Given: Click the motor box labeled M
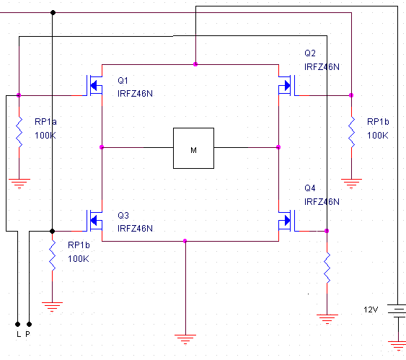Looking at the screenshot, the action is point(193,148).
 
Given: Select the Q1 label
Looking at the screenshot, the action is point(123,81).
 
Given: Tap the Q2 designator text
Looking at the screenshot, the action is point(310,53).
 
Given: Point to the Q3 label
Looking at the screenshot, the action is point(123,215).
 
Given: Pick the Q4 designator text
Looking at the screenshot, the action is point(310,188).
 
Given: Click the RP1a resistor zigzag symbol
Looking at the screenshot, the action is point(19,132).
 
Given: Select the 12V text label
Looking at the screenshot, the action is point(371,309).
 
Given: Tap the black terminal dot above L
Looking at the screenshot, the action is point(17,324).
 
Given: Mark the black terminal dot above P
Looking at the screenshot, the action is point(30,324).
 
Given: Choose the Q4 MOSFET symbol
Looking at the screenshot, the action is point(287,221).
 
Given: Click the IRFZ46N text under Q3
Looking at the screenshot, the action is point(135,229).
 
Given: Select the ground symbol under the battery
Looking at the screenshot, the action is point(397,346).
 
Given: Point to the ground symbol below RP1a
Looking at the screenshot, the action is point(19,183).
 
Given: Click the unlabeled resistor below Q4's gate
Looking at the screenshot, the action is point(327,268).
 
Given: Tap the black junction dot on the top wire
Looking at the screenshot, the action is point(53,12).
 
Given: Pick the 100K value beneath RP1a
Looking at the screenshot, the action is point(45,135).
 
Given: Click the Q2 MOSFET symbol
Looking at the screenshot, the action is point(287,85).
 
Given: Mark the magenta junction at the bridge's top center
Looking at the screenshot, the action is point(195,64).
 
